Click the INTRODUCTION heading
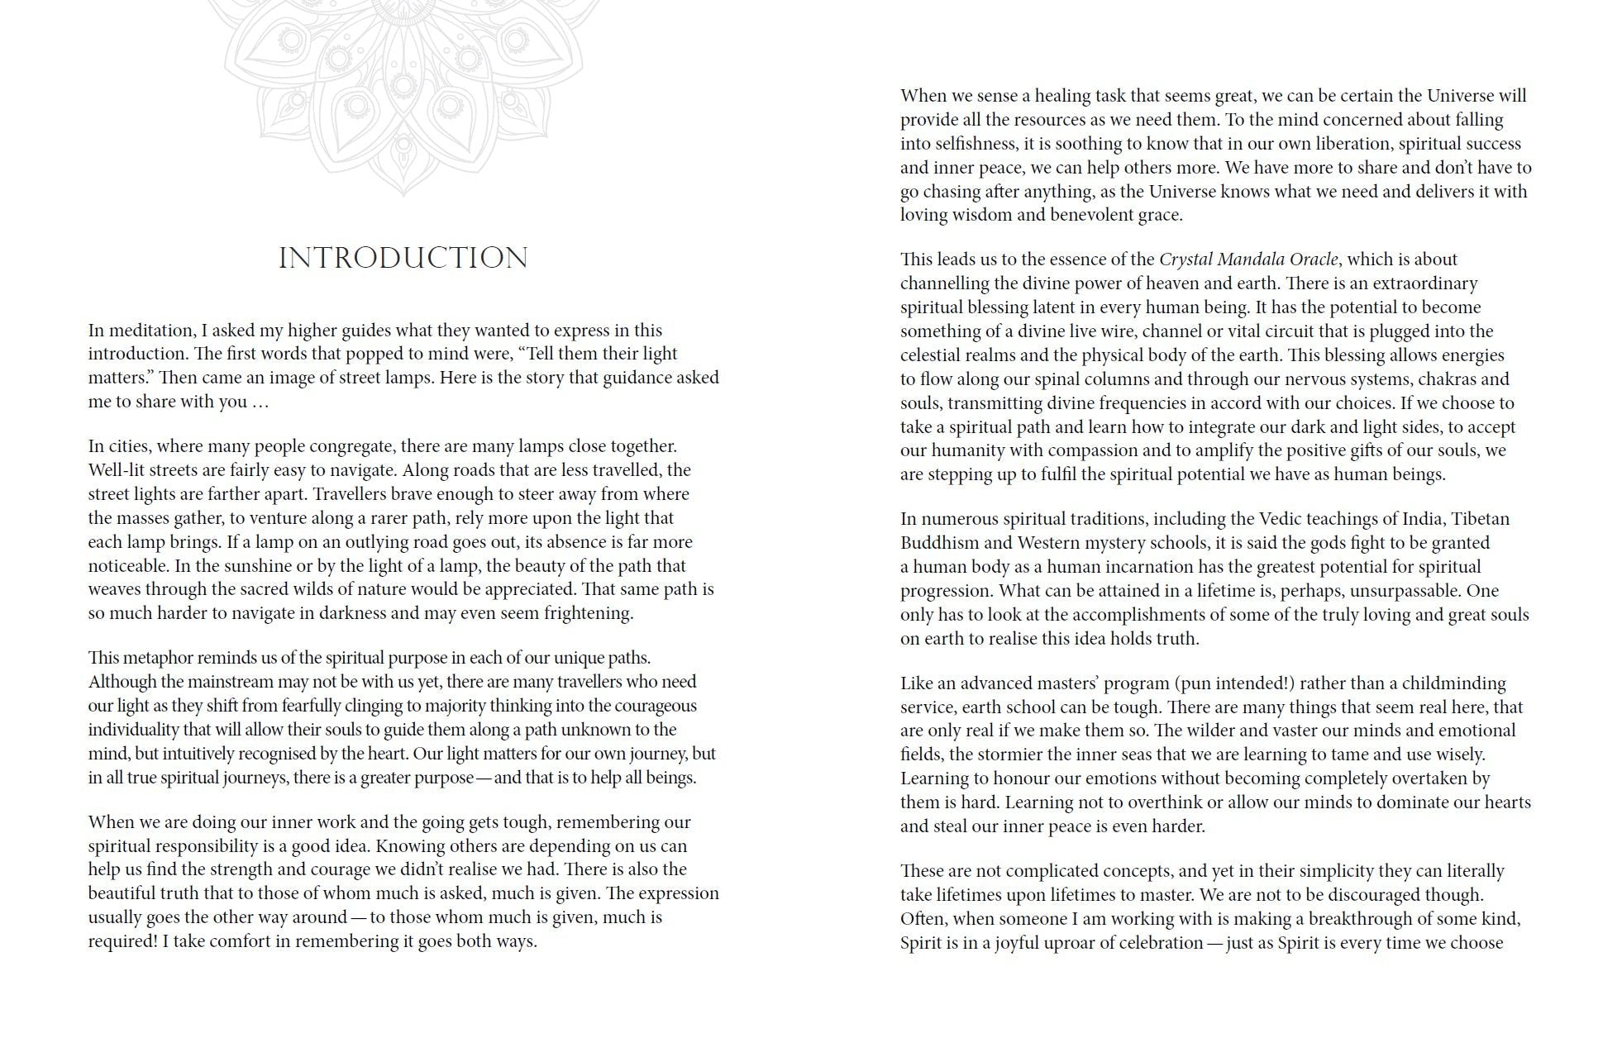click(x=403, y=258)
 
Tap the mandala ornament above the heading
click(x=403, y=91)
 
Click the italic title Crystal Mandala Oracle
click(x=1248, y=259)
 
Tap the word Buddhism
click(x=940, y=543)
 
